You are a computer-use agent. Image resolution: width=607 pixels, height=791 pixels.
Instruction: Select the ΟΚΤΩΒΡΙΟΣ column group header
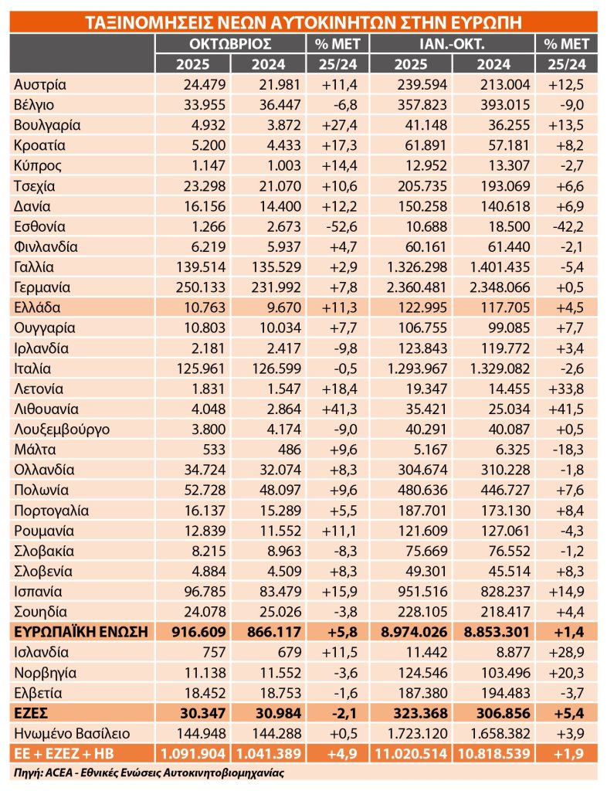[x=230, y=43]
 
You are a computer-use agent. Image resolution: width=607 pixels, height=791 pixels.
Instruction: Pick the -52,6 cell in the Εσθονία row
[x=337, y=226]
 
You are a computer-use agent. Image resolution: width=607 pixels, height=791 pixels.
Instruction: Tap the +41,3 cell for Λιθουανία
[x=337, y=409]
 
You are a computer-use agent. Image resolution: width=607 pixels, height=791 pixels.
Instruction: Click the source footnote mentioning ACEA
[x=147, y=772]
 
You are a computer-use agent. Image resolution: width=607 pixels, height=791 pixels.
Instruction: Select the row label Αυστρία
[x=39, y=84]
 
